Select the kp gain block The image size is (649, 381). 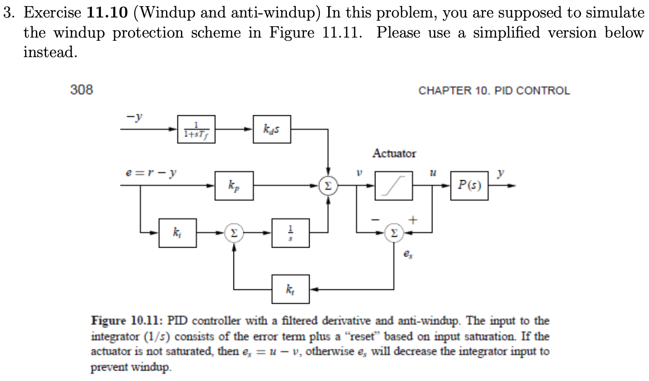point(233,185)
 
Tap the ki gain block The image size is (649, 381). point(177,233)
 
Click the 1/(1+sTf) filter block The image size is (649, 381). point(195,129)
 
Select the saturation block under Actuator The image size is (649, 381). point(394,186)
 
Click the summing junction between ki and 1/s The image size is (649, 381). point(235,233)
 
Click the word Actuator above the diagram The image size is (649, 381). point(394,153)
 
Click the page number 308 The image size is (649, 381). point(81,90)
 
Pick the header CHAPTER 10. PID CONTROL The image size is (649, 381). point(494,91)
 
